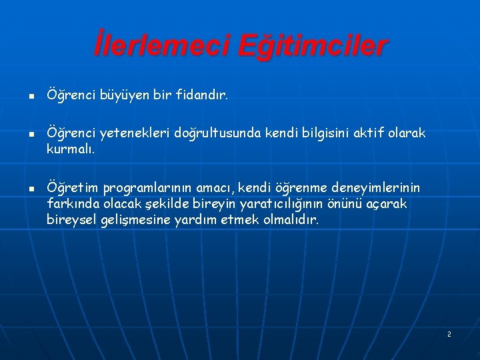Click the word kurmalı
click(71, 149)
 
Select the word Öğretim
click(71, 188)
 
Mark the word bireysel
click(72, 219)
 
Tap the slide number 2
click(449, 333)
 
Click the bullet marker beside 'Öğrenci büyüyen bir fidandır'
click(31, 96)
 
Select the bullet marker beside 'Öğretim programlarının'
click(31, 189)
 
